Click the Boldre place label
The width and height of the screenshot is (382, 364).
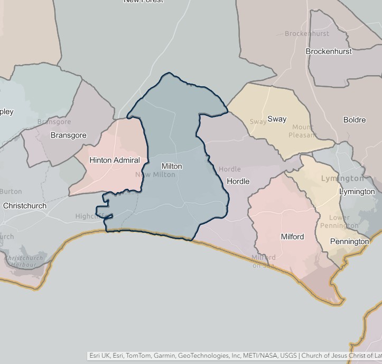(x=355, y=120)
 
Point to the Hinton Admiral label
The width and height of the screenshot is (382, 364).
(x=115, y=160)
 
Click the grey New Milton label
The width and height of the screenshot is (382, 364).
(x=155, y=175)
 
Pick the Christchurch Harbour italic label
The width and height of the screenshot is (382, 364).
(x=24, y=261)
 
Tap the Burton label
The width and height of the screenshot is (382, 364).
(x=11, y=192)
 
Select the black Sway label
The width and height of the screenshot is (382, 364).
(x=277, y=119)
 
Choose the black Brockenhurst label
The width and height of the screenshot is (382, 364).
(x=329, y=51)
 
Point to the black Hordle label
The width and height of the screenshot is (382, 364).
(x=238, y=181)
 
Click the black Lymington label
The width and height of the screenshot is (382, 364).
(x=357, y=192)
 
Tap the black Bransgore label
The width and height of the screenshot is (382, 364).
(x=68, y=135)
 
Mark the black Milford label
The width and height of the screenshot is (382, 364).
(x=292, y=236)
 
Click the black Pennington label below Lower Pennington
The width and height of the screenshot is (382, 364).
(x=349, y=242)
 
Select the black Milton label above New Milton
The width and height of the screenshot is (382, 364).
(x=172, y=166)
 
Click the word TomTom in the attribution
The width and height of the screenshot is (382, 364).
(x=137, y=356)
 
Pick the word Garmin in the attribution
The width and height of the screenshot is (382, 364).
(x=164, y=356)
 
